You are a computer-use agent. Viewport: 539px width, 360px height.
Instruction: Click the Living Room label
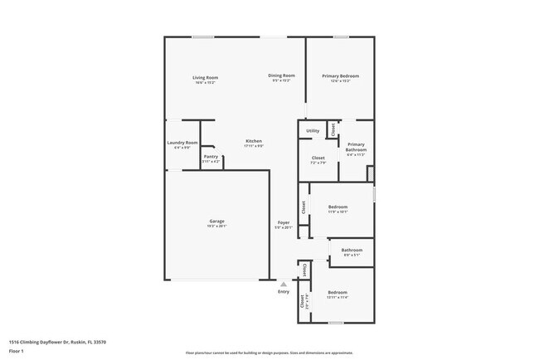coord(205,78)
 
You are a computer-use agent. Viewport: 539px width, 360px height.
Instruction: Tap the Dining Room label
coord(281,76)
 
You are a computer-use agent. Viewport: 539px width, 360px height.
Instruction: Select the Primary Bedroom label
coord(340,76)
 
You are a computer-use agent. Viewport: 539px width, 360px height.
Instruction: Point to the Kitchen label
coord(254,141)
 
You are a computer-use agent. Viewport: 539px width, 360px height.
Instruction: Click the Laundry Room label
coord(182,143)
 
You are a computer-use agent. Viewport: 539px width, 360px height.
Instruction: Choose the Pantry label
coord(211,156)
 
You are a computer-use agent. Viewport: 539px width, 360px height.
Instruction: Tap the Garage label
coord(216,221)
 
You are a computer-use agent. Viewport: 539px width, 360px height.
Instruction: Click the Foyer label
coord(283,222)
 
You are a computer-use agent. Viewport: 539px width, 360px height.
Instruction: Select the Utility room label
coord(313,131)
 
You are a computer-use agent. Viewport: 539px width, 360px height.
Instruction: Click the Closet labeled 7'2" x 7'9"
coord(318,158)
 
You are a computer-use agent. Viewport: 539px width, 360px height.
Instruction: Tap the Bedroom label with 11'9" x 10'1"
coord(337,207)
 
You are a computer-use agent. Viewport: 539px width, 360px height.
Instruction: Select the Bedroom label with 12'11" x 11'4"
coord(337,292)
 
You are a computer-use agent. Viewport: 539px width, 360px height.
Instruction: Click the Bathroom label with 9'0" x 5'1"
coord(352,250)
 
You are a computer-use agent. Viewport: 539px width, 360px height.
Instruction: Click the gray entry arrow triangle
coord(284,283)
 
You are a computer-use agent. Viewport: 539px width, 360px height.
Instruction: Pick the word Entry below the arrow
coord(284,292)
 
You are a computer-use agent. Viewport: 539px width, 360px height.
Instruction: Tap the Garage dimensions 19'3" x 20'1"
coord(216,226)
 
